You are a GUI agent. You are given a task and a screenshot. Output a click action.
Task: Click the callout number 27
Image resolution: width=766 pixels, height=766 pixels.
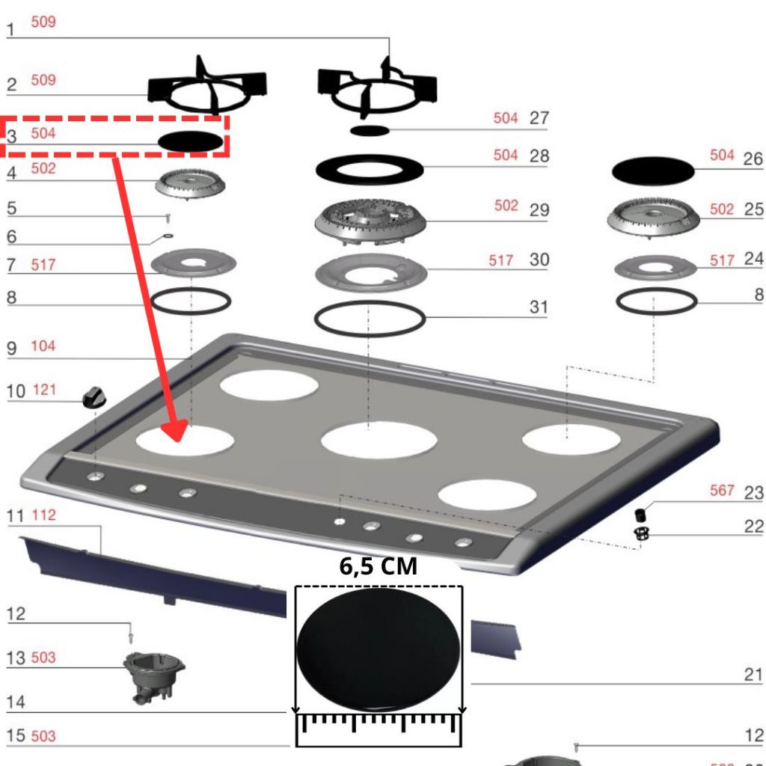tap(539, 118)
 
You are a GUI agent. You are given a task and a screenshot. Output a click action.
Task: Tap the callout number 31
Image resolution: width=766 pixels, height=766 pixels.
tap(539, 307)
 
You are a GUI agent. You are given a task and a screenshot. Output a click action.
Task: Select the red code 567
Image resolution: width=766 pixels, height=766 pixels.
tap(722, 490)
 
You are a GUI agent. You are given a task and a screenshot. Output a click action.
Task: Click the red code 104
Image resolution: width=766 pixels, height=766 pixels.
tap(43, 346)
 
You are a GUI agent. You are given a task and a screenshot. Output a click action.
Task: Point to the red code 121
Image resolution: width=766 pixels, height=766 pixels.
tap(43, 390)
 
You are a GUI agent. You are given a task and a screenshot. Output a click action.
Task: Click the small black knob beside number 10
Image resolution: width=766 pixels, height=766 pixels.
tap(94, 397)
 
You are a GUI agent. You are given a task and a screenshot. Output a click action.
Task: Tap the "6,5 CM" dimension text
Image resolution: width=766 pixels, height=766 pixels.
tap(378, 566)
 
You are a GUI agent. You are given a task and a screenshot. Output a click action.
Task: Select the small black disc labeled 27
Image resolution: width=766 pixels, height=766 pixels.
tap(370, 130)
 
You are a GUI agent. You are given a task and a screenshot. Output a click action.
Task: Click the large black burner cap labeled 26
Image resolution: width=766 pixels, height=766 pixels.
tap(653, 171)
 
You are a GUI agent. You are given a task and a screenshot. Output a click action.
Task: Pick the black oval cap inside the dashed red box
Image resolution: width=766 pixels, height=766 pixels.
tap(191, 141)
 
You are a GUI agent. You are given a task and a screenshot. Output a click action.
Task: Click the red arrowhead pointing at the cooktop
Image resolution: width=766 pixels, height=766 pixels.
tap(174, 431)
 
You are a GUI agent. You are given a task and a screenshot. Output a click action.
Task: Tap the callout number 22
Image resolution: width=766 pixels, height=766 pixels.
tap(753, 527)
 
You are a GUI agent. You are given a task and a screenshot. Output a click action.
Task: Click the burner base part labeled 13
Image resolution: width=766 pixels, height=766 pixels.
tap(153, 675)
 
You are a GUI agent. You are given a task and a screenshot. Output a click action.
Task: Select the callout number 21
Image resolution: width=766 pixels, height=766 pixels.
tap(753, 675)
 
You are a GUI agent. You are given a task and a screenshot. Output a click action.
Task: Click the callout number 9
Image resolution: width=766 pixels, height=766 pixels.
tap(11, 349)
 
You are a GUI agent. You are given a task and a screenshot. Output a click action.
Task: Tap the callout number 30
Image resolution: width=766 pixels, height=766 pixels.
tap(539, 260)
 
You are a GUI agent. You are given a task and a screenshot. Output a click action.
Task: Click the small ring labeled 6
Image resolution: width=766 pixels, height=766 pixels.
tap(165, 239)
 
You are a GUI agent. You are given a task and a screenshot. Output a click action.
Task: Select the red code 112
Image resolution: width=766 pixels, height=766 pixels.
tap(43, 515)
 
